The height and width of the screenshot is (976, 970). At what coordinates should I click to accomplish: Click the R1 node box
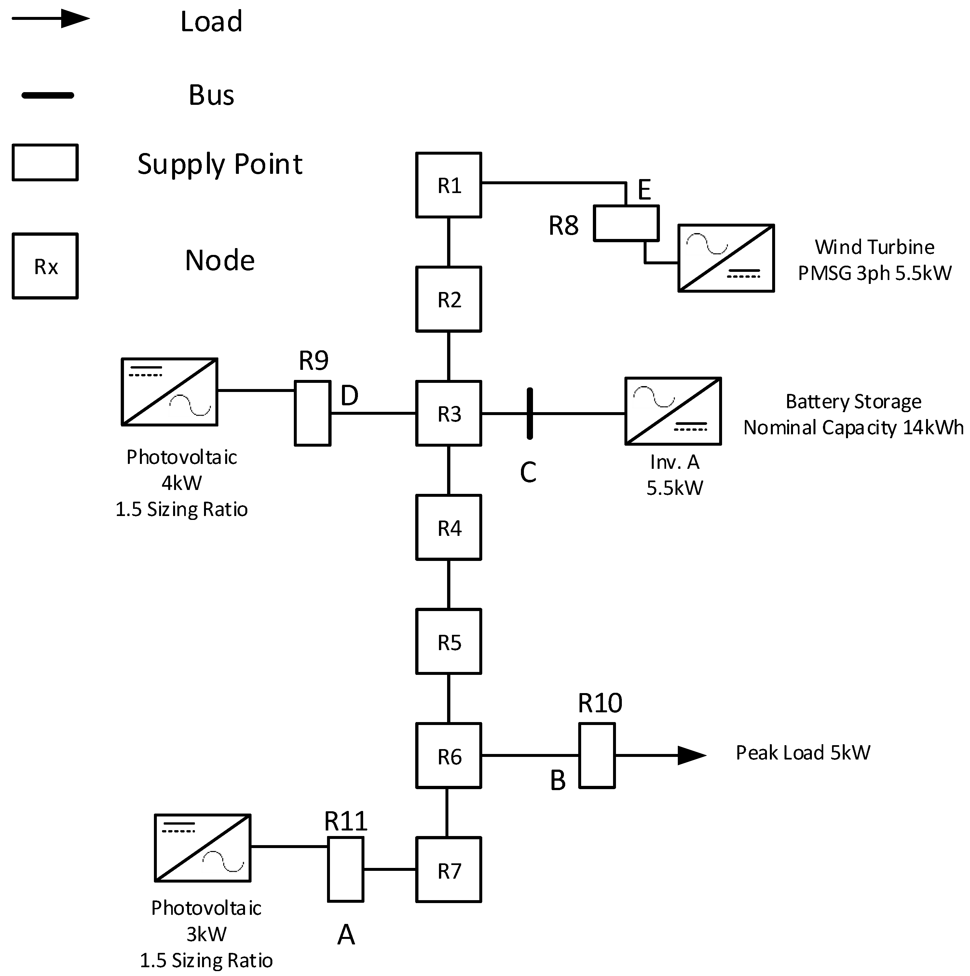click(x=448, y=185)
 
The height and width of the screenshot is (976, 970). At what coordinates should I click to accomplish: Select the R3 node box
click(x=448, y=413)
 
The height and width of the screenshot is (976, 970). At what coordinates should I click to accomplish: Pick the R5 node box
click(x=448, y=642)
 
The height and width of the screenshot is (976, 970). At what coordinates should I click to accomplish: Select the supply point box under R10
click(x=597, y=756)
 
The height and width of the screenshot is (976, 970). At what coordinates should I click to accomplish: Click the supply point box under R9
click(x=313, y=413)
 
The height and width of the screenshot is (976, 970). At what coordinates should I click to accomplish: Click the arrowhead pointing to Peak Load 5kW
click(x=692, y=756)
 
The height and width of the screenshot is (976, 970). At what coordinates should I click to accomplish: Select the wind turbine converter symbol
click(x=726, y=258)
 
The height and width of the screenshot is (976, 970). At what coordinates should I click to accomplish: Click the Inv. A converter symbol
click(x=673, y=411)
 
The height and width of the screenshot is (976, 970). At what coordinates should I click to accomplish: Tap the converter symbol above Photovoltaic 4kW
click(x=170, y=392)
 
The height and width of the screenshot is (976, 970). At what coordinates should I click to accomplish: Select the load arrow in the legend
click(x=50, y=19)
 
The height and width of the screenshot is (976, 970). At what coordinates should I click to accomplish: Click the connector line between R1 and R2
click(x=448, y=242)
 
